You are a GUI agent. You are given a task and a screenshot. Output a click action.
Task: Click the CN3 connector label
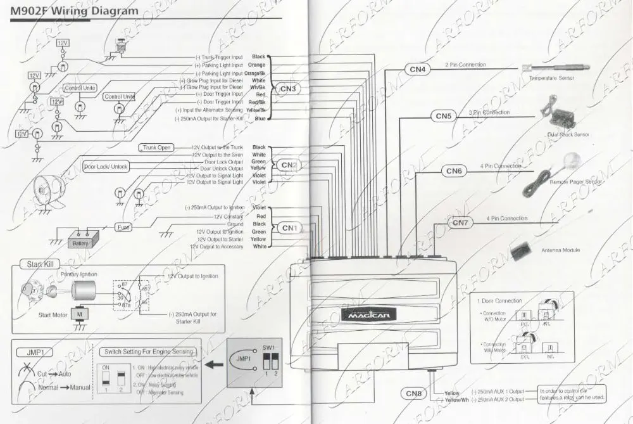pos(287,89)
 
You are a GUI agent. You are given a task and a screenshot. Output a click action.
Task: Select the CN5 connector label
pos(444,116)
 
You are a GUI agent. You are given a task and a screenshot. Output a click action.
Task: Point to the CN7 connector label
pos(460,223)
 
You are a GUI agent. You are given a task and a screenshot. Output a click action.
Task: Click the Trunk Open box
pos(156,147)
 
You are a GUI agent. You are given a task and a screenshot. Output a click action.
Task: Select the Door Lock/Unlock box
pos(106,167)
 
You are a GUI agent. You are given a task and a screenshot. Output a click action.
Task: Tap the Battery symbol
pos(80,243)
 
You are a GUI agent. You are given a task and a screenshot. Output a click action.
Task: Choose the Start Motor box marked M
pos(80,314)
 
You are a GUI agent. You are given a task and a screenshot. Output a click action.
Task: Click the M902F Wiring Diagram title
pos(75,11)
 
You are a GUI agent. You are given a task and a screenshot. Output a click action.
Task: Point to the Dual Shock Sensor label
pos(568,134)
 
